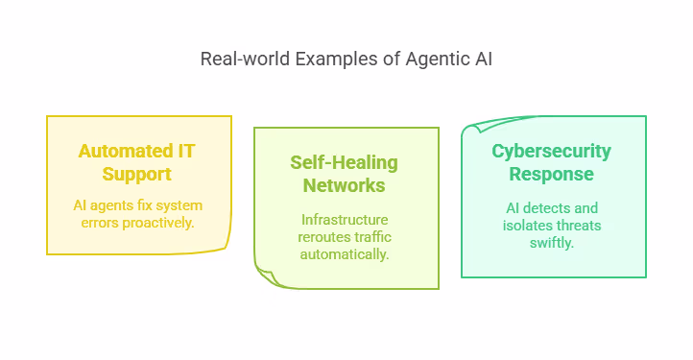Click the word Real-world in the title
246,59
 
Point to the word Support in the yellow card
136,175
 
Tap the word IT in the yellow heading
186,152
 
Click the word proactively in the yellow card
157,223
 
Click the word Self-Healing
344,163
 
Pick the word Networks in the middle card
344,185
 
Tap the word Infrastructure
345,220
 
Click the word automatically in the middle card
345,254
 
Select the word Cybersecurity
552,152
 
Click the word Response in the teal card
552,175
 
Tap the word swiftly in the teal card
552,243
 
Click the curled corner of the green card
267,277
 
